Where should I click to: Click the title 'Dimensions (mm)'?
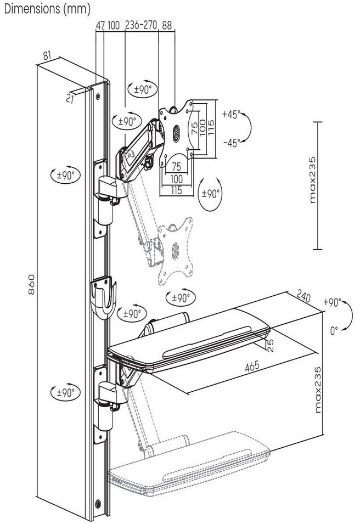click(x=47, y=9)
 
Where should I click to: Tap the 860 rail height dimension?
click(x=31, y=284)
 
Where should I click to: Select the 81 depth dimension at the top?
click(x=47, y=55)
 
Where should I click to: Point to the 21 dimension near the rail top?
click(x=69, y=98)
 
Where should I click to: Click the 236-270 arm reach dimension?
click(x=140, y=25)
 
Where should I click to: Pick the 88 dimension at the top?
click(x=166, y=25)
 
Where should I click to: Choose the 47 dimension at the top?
click(x=100, y=25)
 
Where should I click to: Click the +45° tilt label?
click(x=231, y=114)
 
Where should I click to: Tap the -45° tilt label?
click(x=232, y=143)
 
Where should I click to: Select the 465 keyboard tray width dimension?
click(x=252, y=366)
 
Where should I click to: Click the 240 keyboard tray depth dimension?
click(x=303, y=297)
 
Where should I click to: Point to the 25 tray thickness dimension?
click(x=270, y=345)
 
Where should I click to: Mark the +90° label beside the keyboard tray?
click(x=332, y=302)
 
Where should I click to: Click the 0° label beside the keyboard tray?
click(x=334, y=331)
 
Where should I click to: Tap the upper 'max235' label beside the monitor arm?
click(x=313, y=179)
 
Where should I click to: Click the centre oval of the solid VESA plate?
click(x=176, y=131)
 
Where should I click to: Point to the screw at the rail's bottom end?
click(x=98, y=503)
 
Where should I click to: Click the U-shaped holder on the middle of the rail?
click(x=103, y=297)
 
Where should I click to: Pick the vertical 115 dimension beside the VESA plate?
click(x=211, y=127)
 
